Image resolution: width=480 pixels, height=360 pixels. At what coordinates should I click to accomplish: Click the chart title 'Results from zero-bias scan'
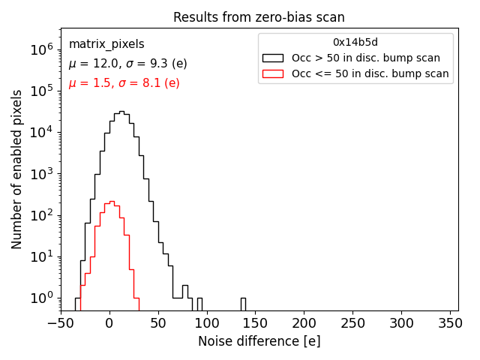point(259,17)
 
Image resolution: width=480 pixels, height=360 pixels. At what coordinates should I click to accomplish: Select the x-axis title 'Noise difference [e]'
point(259,341)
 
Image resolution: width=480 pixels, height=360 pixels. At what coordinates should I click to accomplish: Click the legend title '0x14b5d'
point(355,42)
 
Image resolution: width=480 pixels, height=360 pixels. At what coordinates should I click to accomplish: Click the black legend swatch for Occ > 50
point(273,58)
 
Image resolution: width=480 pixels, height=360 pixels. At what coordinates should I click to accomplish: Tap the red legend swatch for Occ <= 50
point(273,73)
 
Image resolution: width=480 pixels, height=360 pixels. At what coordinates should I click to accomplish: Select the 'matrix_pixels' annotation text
point(106,44)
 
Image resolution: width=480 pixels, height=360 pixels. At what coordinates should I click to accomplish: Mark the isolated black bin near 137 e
point(243,304)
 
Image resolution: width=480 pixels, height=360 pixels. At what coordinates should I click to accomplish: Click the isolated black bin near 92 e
point(199,304)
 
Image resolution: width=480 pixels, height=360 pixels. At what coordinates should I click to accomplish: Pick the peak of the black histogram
point(121,112)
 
